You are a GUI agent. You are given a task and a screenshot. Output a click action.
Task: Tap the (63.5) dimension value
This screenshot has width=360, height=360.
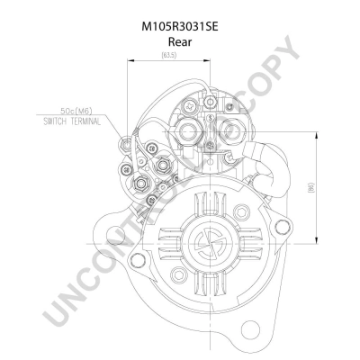(168, 56)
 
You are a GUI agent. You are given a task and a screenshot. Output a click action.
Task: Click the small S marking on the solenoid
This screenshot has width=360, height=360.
(211, 119)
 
